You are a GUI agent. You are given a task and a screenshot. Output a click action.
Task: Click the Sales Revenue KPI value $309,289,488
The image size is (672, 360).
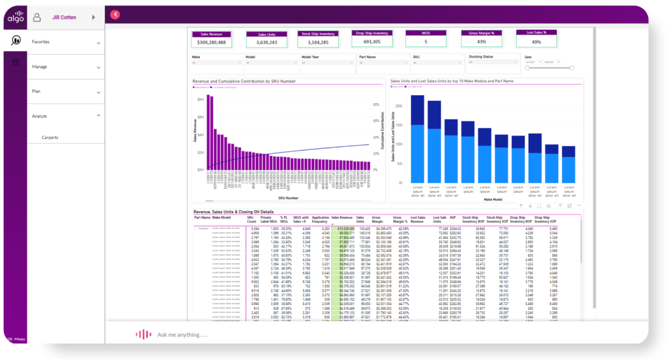(212, 42)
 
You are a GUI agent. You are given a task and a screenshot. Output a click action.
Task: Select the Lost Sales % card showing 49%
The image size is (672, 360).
(536, 41)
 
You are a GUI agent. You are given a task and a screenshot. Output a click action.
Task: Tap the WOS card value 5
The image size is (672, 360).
(426, 41)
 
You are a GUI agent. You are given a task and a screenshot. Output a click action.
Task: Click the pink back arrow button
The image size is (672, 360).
(115, 15)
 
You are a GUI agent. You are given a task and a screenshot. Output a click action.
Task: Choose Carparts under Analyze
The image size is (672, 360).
(50, 137)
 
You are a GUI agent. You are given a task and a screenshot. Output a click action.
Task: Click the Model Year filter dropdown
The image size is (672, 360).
(326, 63)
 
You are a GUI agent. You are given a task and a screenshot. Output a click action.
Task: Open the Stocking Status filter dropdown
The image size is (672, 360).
(492, 63)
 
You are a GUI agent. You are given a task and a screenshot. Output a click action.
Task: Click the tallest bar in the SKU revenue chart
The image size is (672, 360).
(208, 132)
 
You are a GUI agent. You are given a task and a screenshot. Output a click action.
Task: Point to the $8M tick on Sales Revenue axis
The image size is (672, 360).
(200, 99)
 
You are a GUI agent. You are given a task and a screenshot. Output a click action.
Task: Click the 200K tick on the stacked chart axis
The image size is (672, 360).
(399, 105)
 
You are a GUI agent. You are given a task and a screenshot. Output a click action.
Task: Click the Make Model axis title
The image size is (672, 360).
(491, 199)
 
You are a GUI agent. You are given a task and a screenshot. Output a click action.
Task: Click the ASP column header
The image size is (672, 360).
(453, 217)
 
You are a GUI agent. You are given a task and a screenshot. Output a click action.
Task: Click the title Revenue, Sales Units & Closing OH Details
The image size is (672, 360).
(234, 212)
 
